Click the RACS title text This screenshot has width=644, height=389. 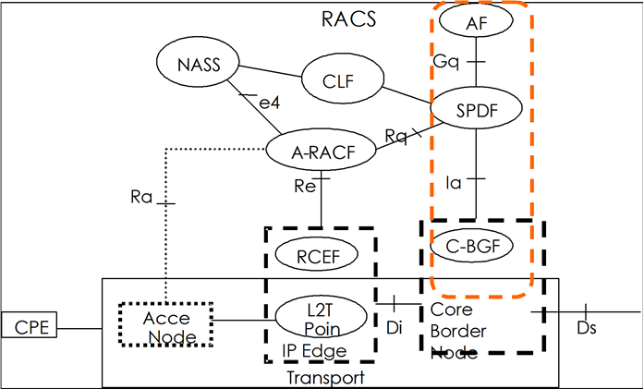tap(347, 19)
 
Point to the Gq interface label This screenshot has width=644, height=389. tap(445, 60)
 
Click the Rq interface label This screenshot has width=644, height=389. tap(396, 136)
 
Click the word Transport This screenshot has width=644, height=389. tap(329, 377)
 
